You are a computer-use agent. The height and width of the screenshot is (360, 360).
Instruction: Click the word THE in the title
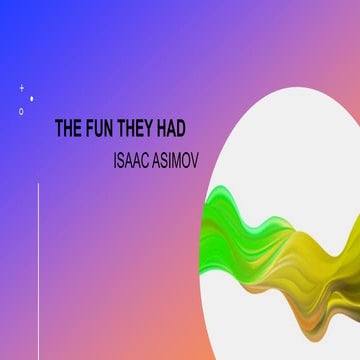(x=67, y=129)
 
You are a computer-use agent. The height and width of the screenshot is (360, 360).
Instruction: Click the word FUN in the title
(x=100, y=129)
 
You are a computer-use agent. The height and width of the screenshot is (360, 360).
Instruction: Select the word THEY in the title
(x=141, y=129)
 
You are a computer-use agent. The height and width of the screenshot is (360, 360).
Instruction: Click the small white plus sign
(x=22, y=88)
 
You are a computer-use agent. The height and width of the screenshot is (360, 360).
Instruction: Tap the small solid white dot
(x=32, y=98)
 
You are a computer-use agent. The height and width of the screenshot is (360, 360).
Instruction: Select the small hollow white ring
(x=21, y=111)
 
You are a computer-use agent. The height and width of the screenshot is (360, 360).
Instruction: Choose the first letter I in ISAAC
(x=118, y=159)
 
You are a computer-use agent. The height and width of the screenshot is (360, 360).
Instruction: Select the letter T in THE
(x=58, y=129)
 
